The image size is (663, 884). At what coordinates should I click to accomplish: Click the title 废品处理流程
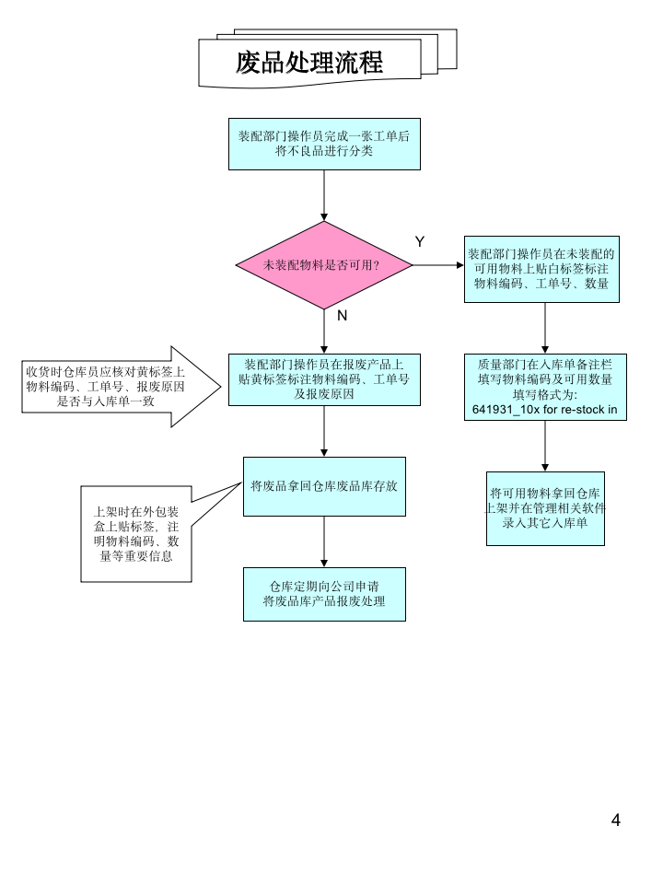(x=309, y=63)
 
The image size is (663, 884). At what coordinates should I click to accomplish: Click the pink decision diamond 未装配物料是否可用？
(x=323, y=265)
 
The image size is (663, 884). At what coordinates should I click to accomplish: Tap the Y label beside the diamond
(x=420, y=241)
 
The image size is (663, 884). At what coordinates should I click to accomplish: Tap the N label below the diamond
(x=342, y=315)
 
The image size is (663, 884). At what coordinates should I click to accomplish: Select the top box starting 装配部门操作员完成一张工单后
(x=324, y=144)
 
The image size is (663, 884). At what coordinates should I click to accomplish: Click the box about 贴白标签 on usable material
(x=541, y=269)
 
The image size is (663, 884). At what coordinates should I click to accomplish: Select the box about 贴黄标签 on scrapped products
(x=324, y=378)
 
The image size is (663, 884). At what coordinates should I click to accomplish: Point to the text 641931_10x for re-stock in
(x=545, y=409)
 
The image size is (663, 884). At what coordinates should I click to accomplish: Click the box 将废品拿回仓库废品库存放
(x=324, y=485)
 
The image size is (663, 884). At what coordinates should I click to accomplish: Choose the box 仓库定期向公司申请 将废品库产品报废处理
(x=324, y=594)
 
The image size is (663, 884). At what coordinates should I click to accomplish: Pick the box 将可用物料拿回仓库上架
(x=545, y=507)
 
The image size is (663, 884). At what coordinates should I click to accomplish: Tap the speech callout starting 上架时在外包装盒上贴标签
(x=136, y=534)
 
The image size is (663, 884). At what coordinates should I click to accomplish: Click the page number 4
(x=616, y=820)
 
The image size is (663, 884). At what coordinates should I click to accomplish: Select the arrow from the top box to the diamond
(x=324, y=195)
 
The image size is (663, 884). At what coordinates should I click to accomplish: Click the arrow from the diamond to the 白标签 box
(x=437, y=265)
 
